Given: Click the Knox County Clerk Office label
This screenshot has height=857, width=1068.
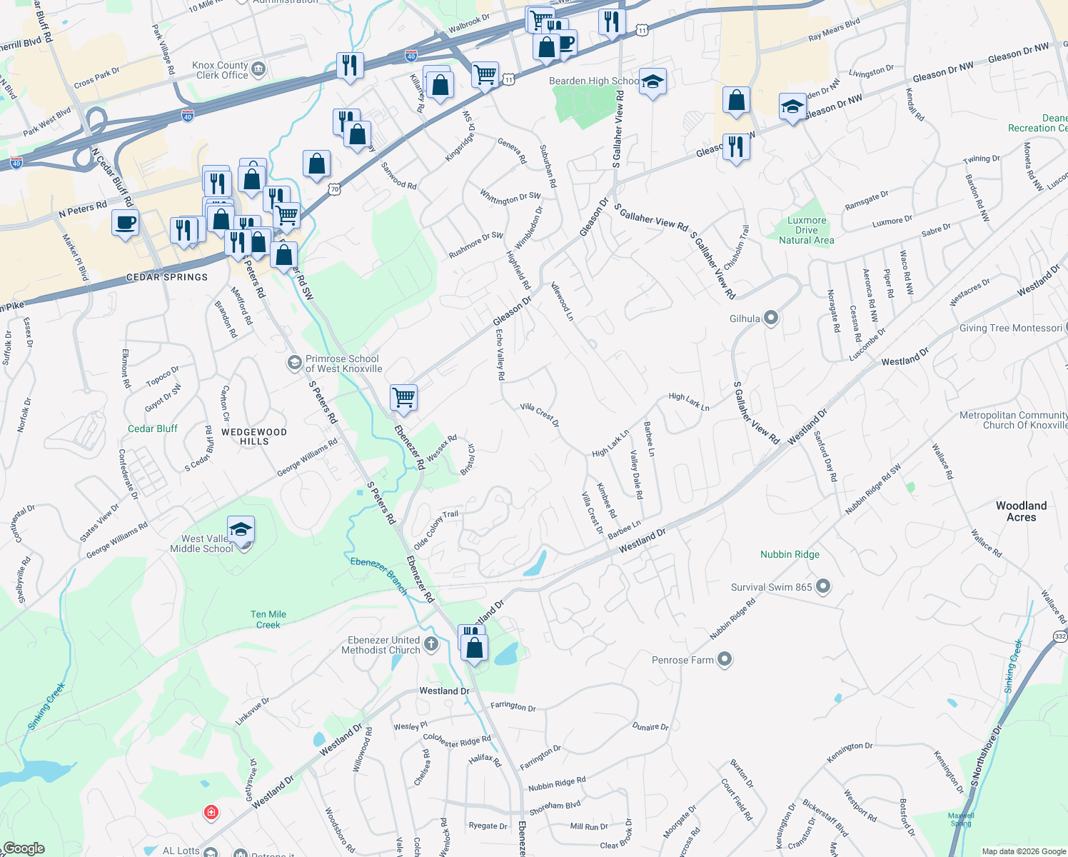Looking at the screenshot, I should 221,70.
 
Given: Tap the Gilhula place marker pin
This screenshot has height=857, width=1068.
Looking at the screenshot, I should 770,318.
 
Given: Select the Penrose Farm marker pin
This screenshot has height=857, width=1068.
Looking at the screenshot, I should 724,659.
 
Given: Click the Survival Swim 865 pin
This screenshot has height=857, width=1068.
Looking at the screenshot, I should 822,586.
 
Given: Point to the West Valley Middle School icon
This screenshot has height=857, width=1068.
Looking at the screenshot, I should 241,530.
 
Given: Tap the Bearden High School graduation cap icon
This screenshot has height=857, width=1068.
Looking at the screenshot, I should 652,82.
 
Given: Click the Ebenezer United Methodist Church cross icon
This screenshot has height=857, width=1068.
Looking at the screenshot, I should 430,644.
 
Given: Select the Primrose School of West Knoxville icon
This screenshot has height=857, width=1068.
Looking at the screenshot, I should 294,363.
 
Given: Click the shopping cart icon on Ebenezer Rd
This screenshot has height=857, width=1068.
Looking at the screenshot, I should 403,398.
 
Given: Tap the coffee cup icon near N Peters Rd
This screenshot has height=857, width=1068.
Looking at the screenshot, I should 125,224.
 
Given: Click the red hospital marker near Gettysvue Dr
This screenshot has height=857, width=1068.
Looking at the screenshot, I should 211,813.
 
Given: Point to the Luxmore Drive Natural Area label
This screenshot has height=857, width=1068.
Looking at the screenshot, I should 806,230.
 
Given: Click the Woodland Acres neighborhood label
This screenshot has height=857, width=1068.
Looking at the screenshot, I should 1021,511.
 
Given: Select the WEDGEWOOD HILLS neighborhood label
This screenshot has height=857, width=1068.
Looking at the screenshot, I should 254,436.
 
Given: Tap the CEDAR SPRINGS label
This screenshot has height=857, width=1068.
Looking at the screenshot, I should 167,277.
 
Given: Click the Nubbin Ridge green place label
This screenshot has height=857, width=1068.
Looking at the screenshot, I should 790,554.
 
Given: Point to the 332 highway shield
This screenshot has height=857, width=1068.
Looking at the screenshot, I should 1060,636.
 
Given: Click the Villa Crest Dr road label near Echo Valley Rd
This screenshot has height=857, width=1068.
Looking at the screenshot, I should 540,415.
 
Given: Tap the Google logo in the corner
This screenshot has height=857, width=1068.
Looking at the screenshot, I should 24,848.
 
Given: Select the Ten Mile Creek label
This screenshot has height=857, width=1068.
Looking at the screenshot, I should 268,619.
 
